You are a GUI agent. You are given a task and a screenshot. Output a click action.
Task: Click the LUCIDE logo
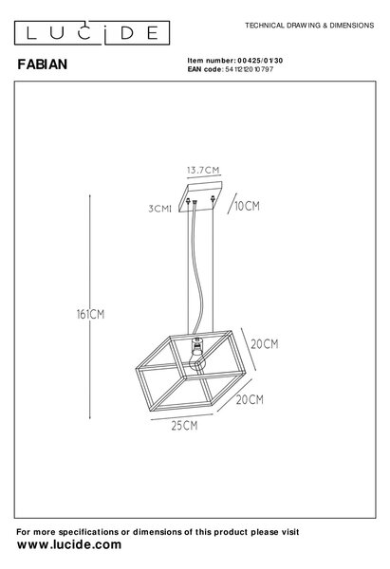[x=92, y=32]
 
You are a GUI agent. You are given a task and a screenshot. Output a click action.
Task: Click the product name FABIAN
[x=43, y=64]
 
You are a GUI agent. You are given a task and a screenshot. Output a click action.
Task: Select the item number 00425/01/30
[x=260, y=61]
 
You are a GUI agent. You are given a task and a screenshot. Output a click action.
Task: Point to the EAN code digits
[x=250, y=69]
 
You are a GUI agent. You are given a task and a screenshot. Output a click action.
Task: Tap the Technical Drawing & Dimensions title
[x=309, y=26]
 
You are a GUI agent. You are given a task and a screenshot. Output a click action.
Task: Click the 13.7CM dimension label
[x=203, y=170]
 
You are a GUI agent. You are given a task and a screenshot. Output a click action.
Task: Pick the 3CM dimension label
[x=158, y=209]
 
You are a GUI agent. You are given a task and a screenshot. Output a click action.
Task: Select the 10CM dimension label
[x=247, y=206]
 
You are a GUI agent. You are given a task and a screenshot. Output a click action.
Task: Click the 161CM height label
[x=90, y=314]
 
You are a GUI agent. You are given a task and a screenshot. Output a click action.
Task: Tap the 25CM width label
[x=184, y=426]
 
